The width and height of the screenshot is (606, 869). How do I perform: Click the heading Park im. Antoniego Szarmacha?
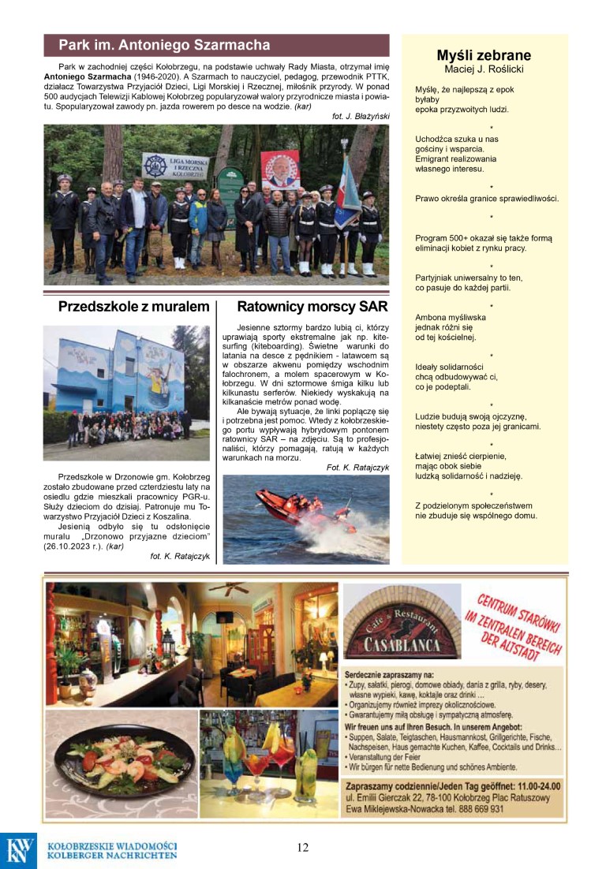click(x=164, y=45)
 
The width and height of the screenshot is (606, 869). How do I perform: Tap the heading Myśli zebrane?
click(x=484, y=55)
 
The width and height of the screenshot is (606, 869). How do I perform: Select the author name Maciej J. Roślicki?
click(x=484, y=69)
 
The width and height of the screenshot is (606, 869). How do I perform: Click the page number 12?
click(x=303, y=848)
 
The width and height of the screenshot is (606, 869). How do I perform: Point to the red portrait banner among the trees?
click(x=280, y=169)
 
